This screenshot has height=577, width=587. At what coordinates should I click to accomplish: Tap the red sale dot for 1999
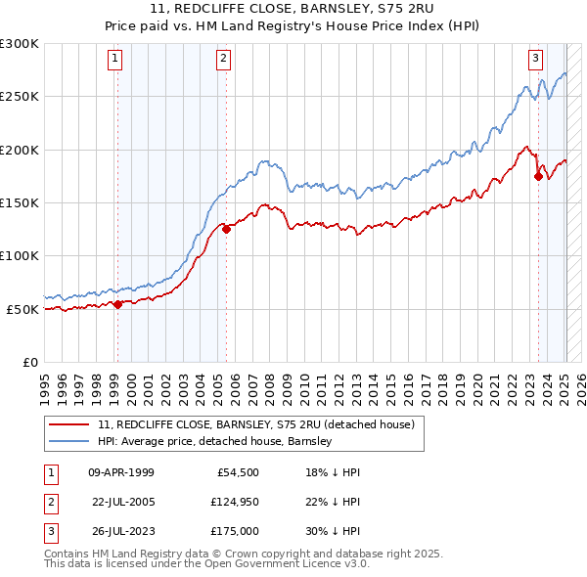(117, 304)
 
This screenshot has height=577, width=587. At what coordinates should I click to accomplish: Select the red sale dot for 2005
(226, 230)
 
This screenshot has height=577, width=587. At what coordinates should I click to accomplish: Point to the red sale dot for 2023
(538, 177)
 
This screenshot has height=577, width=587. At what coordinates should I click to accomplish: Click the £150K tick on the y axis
(19, 202)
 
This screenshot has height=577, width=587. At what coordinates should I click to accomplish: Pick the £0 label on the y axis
(29, 362)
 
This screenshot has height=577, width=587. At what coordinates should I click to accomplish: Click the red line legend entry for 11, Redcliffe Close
(256, 424)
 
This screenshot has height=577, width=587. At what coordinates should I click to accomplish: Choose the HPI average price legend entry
(215, 441)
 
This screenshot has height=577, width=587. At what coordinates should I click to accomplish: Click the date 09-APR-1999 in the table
(120, 472)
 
